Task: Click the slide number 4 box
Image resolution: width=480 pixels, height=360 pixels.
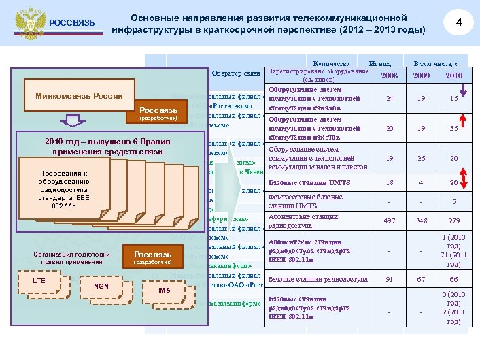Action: point(459,22)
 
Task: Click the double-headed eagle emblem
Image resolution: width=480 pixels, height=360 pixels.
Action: point(27,23)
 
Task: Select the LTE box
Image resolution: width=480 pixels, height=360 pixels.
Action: point(40,280)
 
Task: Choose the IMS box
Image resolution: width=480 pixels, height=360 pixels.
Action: point(164,291)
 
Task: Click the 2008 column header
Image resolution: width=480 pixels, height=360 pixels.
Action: point(390,75)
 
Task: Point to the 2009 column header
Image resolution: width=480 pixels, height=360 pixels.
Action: point(422,75)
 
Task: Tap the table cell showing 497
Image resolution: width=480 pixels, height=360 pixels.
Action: point(390,221)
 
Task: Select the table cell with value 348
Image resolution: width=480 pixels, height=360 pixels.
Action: point(422,221)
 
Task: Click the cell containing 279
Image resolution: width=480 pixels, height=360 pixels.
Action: point(453,221)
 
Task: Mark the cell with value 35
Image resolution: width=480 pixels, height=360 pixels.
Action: point(453,128)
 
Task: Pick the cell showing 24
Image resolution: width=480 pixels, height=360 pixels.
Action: point(390,99)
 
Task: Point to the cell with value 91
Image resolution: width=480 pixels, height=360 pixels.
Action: point(390,279)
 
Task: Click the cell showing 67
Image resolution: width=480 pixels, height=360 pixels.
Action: point(422,279)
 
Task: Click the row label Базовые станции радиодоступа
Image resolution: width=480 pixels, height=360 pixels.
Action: point(318,279)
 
